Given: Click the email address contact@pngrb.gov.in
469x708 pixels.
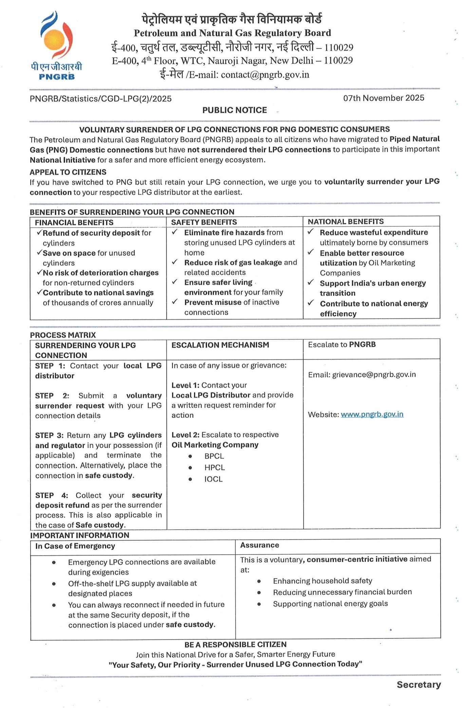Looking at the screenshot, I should click(265, 75).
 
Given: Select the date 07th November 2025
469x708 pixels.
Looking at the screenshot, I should click(383, 98).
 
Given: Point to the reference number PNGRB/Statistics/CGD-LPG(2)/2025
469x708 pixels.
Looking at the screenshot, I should click(100, 99).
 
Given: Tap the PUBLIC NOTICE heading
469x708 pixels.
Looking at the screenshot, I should click(234, 110).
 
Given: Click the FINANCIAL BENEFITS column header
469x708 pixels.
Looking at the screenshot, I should click(74, 223).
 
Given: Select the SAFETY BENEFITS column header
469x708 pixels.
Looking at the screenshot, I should click(204, 222).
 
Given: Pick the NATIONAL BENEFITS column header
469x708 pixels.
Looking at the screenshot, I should click(345, 222).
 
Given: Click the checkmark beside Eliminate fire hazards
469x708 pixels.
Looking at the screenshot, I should click(175, 232).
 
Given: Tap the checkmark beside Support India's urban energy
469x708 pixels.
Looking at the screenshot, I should click(311, 282).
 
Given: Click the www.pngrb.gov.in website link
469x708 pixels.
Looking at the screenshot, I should click(372, 414).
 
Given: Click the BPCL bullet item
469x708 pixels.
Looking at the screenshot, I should click(214, 456).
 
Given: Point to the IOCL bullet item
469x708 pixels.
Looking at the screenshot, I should click(213, 479).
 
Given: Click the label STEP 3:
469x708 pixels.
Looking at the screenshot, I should click(50, 435).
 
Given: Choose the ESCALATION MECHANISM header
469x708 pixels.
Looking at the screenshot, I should click(220, 345).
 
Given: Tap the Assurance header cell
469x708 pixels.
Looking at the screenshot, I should click(260, 545).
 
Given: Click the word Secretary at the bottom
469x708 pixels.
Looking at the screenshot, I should click(419, 685).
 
